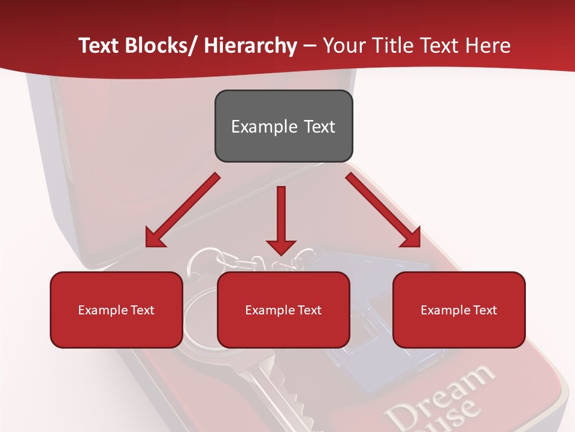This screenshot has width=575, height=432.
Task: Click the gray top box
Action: point(283,126)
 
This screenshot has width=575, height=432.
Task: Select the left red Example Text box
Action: point(116,310)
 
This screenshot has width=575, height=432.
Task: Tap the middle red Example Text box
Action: point(283,310)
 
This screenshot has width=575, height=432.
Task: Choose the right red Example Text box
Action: point(459,310)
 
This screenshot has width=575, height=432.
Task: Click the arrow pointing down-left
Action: point(183,211)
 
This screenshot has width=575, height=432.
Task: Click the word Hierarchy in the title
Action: point(250,46)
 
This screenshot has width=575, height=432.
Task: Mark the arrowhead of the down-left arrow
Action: point(155,238)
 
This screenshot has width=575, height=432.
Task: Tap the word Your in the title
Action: point(340,46)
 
